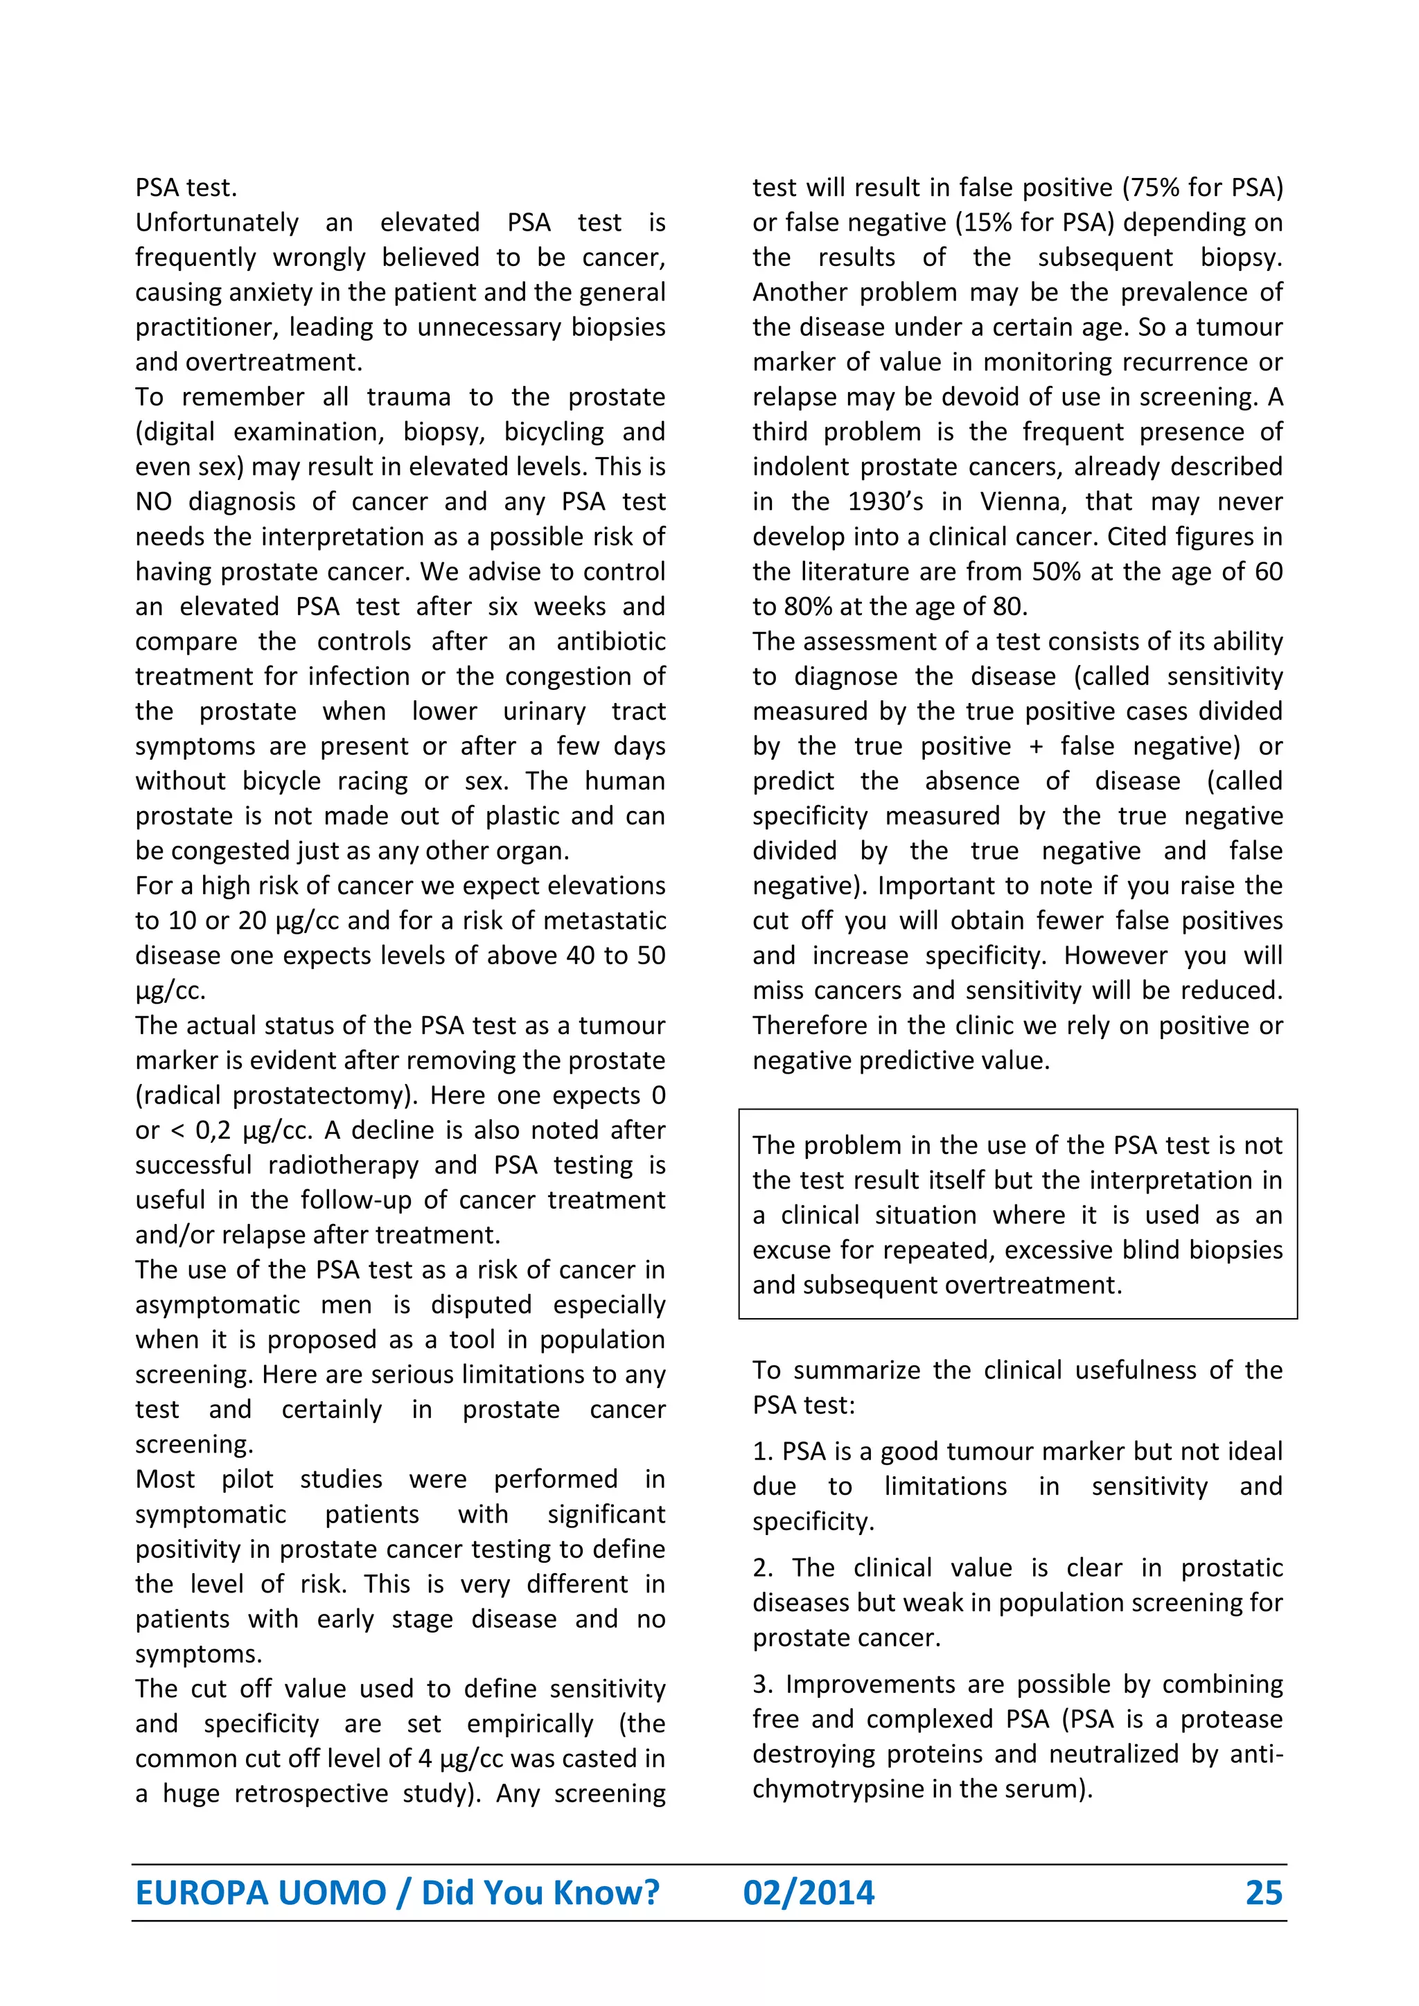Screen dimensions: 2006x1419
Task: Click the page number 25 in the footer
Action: point(1264,1892)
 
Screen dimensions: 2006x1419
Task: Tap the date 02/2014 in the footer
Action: point(809,1892)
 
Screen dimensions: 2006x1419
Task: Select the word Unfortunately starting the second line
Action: point(217,223)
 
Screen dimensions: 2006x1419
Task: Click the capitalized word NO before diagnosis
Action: point(153,501)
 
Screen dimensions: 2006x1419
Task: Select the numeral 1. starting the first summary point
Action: point(762,1452)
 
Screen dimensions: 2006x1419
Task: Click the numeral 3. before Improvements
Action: point(762,1685)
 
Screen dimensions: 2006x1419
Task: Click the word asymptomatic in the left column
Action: point(218,1305)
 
